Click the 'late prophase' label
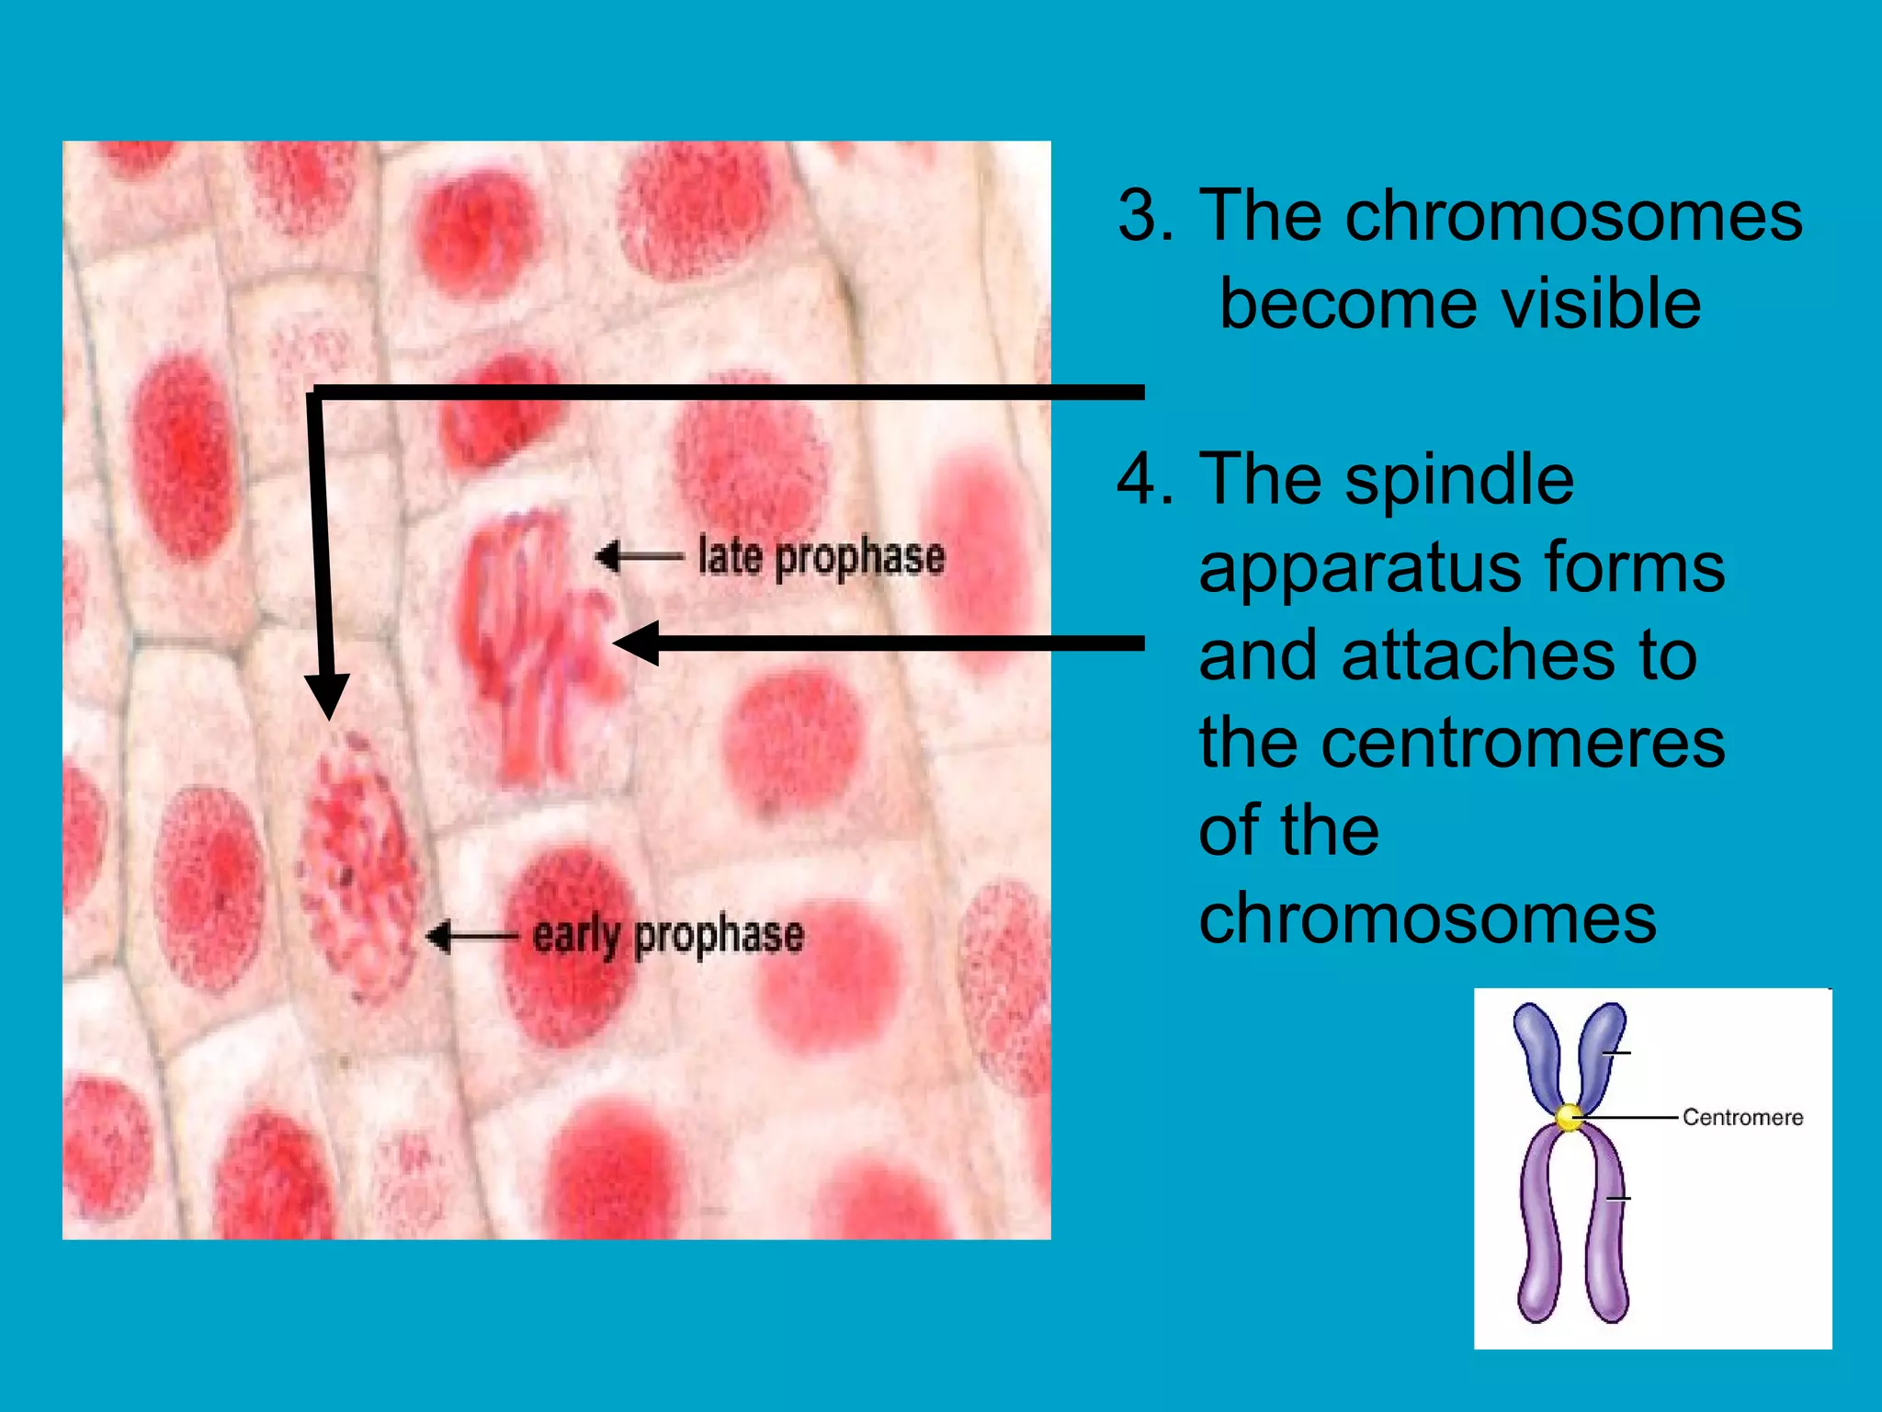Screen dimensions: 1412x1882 pyautogui.click(x=821, y=557)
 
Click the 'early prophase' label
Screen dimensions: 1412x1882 pyautogui.click(x=668, y=936)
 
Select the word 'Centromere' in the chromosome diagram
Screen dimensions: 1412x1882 pyautogui.click(x=1742, y=1117)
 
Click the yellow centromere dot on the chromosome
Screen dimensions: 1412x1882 pyautogui.click(x=1570, y=1118)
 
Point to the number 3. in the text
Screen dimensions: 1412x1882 pyautogui.click(x=1145, y=215)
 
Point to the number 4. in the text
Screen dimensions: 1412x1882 pyautogui.click(x=1145, y=479)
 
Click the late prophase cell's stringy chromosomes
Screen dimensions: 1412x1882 pyautogui.click(x=533, y=643)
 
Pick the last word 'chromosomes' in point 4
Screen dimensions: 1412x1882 pyautogui.click(x=1427, y=918)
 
